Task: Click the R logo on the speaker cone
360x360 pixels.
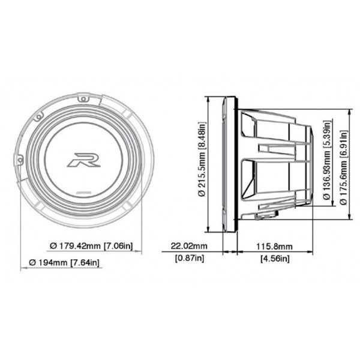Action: pos(84,160)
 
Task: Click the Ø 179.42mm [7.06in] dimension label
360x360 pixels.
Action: pos(91,246)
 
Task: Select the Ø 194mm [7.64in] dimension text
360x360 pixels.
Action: pos(64,262)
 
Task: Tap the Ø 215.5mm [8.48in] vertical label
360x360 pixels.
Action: pos(202,159)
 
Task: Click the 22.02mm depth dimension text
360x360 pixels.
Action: pos(189,246)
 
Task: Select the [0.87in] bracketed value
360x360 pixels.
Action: pos(190,259)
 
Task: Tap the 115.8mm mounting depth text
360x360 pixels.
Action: pos(274,247)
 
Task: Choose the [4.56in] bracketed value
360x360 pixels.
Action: pos(275,259)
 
